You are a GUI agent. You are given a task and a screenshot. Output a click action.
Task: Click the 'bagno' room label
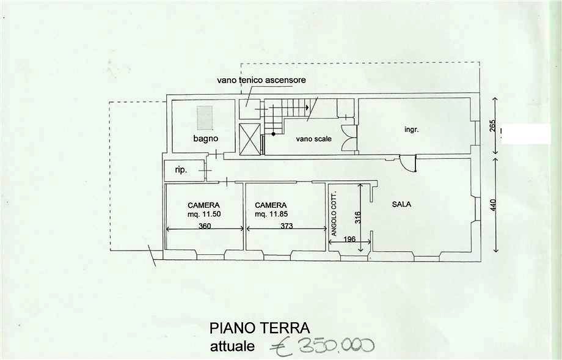click(x=206, y=138)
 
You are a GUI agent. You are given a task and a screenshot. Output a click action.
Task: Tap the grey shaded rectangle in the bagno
click(x=205, y=117)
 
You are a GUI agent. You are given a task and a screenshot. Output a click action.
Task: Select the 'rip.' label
click(x=181, y=170)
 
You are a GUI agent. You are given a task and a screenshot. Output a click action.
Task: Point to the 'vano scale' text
click(x=313, y=139)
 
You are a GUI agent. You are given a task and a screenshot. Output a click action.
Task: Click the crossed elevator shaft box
click(x=249, y=139)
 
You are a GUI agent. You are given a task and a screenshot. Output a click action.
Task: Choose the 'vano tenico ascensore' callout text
click(x=261, y=79)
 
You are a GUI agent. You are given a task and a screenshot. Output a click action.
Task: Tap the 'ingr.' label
click(x=412, y=130)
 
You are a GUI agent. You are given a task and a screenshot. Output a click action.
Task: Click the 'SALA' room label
click(x=401, y=204)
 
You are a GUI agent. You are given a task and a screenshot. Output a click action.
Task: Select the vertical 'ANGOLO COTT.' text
click(x=334, y=213)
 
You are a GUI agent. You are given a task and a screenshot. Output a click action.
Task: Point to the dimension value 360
click(x=205, y=226)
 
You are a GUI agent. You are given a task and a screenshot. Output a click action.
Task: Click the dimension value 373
click(x=286, y=226)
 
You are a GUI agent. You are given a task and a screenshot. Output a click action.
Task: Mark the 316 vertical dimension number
click(x=358, y=218)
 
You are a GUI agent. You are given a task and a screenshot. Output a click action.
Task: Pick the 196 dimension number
click(x=349, y=238)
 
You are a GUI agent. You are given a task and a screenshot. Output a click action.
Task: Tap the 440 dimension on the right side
click(x=493, y=205)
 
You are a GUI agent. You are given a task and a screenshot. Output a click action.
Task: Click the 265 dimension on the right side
click(x=493, y=125)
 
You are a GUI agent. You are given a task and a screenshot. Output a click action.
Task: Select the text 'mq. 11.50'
click(x=204, y=215)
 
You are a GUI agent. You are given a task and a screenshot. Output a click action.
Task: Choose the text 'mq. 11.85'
click(x=271, y=215)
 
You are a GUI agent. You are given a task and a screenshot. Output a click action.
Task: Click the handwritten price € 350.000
click(x=322, y=346)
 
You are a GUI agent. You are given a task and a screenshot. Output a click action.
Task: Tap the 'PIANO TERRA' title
click(x=260, y=328)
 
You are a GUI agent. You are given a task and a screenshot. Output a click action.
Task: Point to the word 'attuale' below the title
click(x=233, y=347)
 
